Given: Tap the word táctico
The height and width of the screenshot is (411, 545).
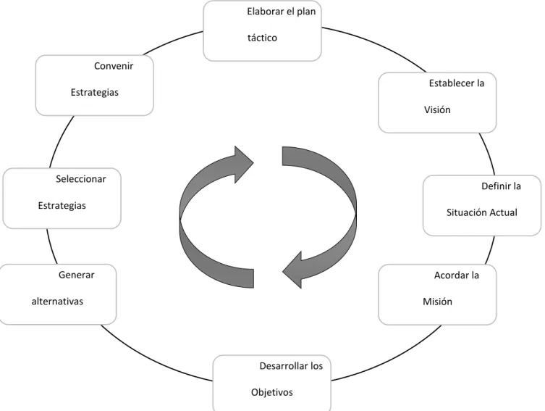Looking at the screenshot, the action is point(262,38).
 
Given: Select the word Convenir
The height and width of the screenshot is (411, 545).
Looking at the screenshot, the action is point(114,66).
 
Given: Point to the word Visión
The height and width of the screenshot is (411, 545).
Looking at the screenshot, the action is point(437,109).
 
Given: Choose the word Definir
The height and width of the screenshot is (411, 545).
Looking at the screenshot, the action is point(495,186).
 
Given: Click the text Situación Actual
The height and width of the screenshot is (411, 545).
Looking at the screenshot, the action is point(482,212).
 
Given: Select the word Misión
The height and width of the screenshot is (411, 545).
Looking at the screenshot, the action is point(437,302).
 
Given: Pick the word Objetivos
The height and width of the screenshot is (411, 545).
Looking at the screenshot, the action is point(272,392).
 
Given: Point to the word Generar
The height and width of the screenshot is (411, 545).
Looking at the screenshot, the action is point(77,275).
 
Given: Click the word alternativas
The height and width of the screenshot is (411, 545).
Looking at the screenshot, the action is point(57,301).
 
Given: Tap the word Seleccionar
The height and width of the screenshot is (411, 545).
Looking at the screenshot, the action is point(81,179).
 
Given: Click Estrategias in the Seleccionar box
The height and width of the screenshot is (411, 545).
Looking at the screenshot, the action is point(62,205).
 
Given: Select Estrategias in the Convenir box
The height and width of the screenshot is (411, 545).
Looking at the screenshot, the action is point(95,92).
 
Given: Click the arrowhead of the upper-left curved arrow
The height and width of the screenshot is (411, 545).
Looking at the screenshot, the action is point(245,164).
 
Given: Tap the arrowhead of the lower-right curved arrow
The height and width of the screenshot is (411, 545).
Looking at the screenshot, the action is point(292,270).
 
